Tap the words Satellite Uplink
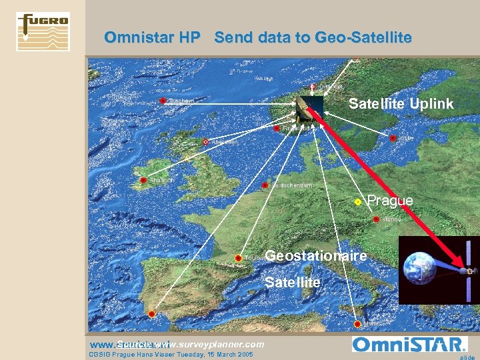pyautogui.click(x=401, y=103)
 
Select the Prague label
pyautogui.click(x=390, y=201)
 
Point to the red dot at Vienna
pyautogui.click(x=377, y=219)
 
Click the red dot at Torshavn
pyautogui.click(x=163, y=101)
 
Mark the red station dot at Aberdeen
pyautogui.click(x=205, y=142)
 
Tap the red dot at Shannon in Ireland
pyautogui.click(x=143, y=181)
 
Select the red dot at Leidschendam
pyautogui.click(x=265, y=185)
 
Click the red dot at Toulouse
pyautogui.click(x=238, y=257)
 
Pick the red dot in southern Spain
pyautogui.click(x=152, y=313)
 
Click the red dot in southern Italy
pyautogui.click(x=359, y=324)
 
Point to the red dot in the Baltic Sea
pyautogui.click(x=393, y=138)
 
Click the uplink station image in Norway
pyautogui.click(x=310, y=107)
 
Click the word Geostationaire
pyautogui.click(x=315, y=256)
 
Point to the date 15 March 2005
pyautogui.click(x=230, y=355)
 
